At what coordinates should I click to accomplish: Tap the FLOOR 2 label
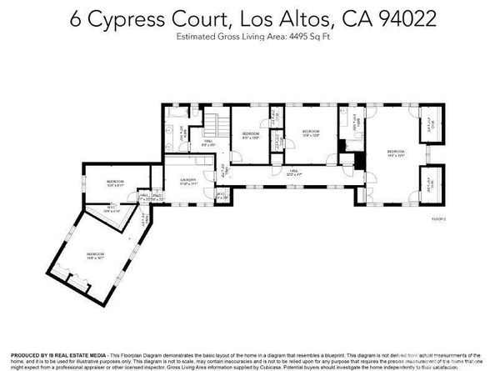pos(438,218)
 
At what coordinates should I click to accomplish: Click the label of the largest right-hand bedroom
pos(395,153)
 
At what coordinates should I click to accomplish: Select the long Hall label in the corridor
pos(292,174)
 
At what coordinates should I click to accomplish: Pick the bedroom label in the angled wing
pos(96,255)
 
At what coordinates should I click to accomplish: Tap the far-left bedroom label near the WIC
pos(115,182)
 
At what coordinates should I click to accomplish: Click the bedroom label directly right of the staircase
pos(251,135)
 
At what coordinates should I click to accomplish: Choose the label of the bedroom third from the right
pos(311,132)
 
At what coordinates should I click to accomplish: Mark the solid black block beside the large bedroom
pos(341,158)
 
